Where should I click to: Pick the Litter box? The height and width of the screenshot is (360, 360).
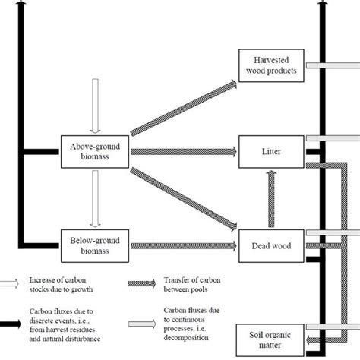[x=270, y=153]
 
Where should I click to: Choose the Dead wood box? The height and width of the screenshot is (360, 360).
[x=270, y=245]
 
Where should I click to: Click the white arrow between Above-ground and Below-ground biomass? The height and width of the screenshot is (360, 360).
[x=95, y=197]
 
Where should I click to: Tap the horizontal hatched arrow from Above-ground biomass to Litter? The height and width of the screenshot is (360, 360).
[x=182, y=152]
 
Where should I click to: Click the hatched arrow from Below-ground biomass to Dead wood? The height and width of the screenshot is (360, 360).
[x=182, y=245]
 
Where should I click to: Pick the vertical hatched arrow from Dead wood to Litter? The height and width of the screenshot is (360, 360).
[x=270, y=199]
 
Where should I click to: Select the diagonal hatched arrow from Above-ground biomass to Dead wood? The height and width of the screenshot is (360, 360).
[x=182, y=197]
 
